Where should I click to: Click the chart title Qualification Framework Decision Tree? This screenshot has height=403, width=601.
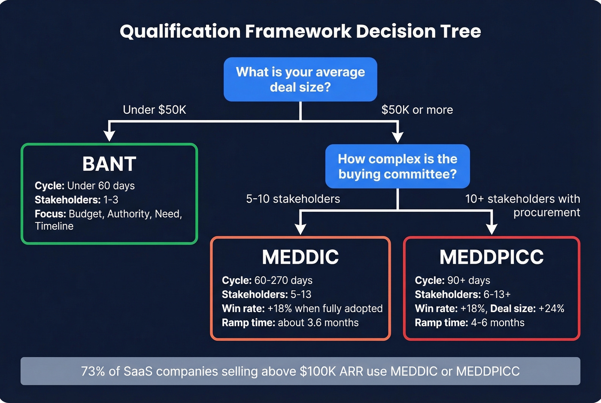click(x=300, y=31)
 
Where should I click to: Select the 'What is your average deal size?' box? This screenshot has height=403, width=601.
click(x=300, y=79)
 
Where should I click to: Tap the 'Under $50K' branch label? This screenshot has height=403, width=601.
click(x=155, y=110)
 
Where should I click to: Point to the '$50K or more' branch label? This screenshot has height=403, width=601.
click(x=417, y=110)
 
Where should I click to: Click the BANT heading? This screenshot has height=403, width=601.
click(x=109, y=164)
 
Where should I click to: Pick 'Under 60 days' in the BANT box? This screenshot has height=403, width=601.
click(x=101, y=186)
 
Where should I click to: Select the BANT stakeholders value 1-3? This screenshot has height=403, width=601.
click(x=111, y=200)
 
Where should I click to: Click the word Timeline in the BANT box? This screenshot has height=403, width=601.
click(x=54, y=226)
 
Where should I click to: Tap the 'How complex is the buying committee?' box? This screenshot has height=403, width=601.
click(x=398, y=167)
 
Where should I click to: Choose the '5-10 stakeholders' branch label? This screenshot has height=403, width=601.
click(x=293, y=199)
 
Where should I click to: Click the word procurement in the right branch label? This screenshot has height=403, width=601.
click(x=546, y=212)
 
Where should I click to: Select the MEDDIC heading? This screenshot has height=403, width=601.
click(x=300, y=257)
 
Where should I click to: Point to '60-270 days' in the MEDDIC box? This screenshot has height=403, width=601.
click(x=283, y=281)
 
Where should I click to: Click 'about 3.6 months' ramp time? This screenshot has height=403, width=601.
click(x=318, y=323)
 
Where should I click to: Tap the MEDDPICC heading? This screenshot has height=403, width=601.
click(x=492, y=257)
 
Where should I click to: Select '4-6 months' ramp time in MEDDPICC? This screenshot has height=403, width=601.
click(x=498, y=323)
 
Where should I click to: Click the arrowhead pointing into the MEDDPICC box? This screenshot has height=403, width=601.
click(x=492, y=229)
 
